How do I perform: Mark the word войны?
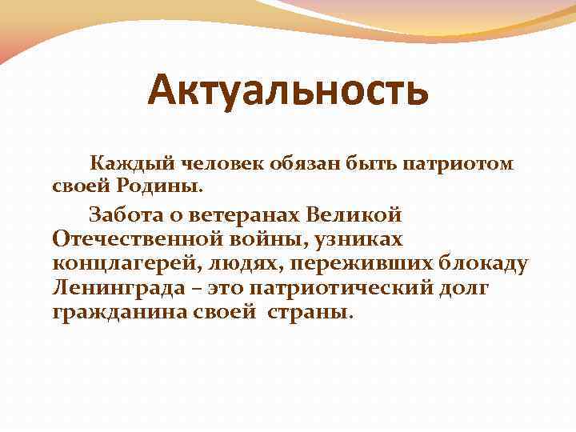point(275,239)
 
